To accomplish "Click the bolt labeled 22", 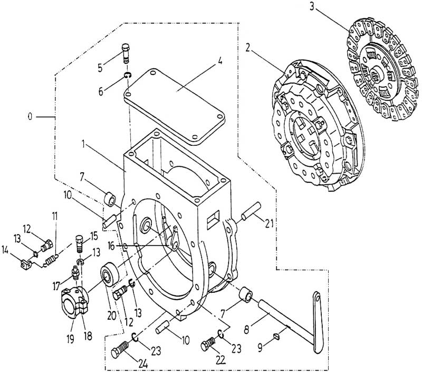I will coord(207,347).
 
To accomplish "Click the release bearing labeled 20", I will coord(109,275).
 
